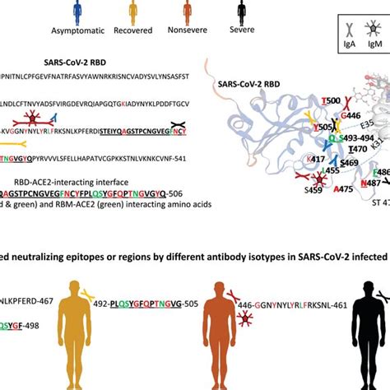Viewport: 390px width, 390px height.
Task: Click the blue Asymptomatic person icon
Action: pyautogui.click(x=77, y=12)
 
